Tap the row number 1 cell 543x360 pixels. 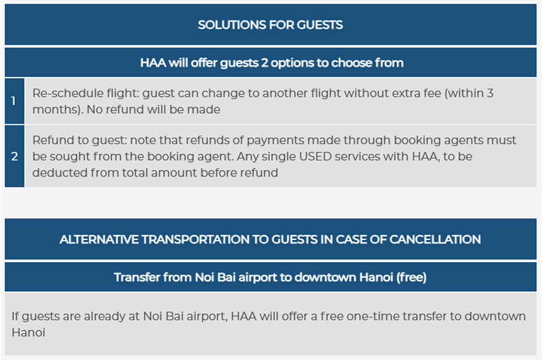coord(15,101)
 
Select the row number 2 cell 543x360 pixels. coord(15,156)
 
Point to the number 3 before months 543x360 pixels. coord(489,93)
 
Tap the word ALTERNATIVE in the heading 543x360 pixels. coord(98,239)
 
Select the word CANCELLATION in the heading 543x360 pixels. coord(435,239)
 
